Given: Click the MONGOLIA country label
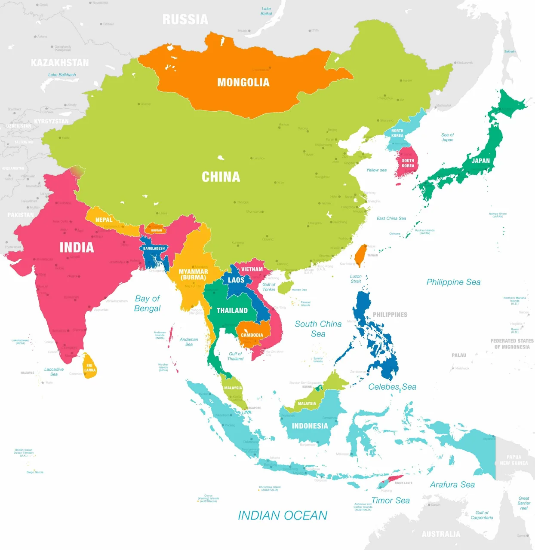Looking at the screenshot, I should pos(243,82).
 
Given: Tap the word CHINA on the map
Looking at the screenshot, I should pos(221,177).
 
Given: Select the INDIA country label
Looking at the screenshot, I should pos(77,247).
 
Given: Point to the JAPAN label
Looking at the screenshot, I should pos(480,161).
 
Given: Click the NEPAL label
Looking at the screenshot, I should pos(104,220).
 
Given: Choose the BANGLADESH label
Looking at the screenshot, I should pos(154,248).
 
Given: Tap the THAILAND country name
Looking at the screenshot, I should pos(232,311).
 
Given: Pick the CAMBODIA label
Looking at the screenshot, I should pos(252,335).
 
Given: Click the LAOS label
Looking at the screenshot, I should pos(236,280).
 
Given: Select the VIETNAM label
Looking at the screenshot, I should pos(252,269).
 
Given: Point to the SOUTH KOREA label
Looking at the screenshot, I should pos(408,163).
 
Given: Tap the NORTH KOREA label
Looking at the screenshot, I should pos(397,133).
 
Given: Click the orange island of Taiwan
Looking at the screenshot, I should pos(360,255).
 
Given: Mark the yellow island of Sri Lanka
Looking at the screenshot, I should pos(89,366).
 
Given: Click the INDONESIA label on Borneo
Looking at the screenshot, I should pos(310,426).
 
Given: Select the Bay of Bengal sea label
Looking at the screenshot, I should pos(148,303).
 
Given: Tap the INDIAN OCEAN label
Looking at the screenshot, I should pos(283,516).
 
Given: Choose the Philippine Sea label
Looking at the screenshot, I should pos(453,282).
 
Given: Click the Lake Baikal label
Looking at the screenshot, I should pos(266,11).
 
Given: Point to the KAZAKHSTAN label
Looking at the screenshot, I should pos(60,63).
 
